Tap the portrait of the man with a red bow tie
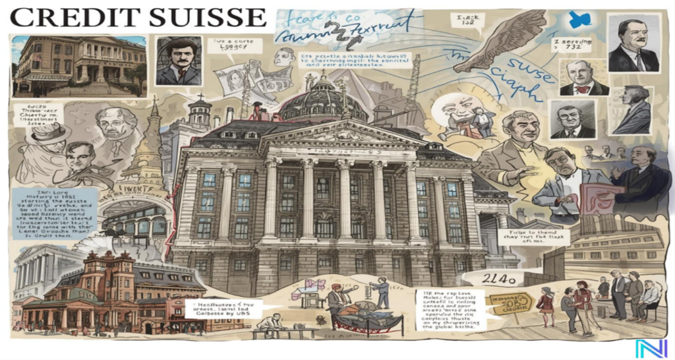pyautogui.click(x=583, y=78)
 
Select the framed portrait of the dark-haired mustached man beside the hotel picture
pyautogui.click(x=178, y=61)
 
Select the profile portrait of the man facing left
pyautogui.click(x=633, y=109)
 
